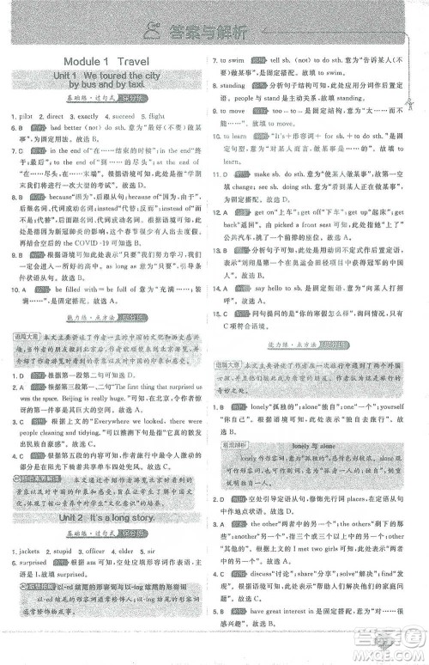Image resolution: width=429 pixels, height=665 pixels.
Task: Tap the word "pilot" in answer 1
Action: (30, 114)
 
